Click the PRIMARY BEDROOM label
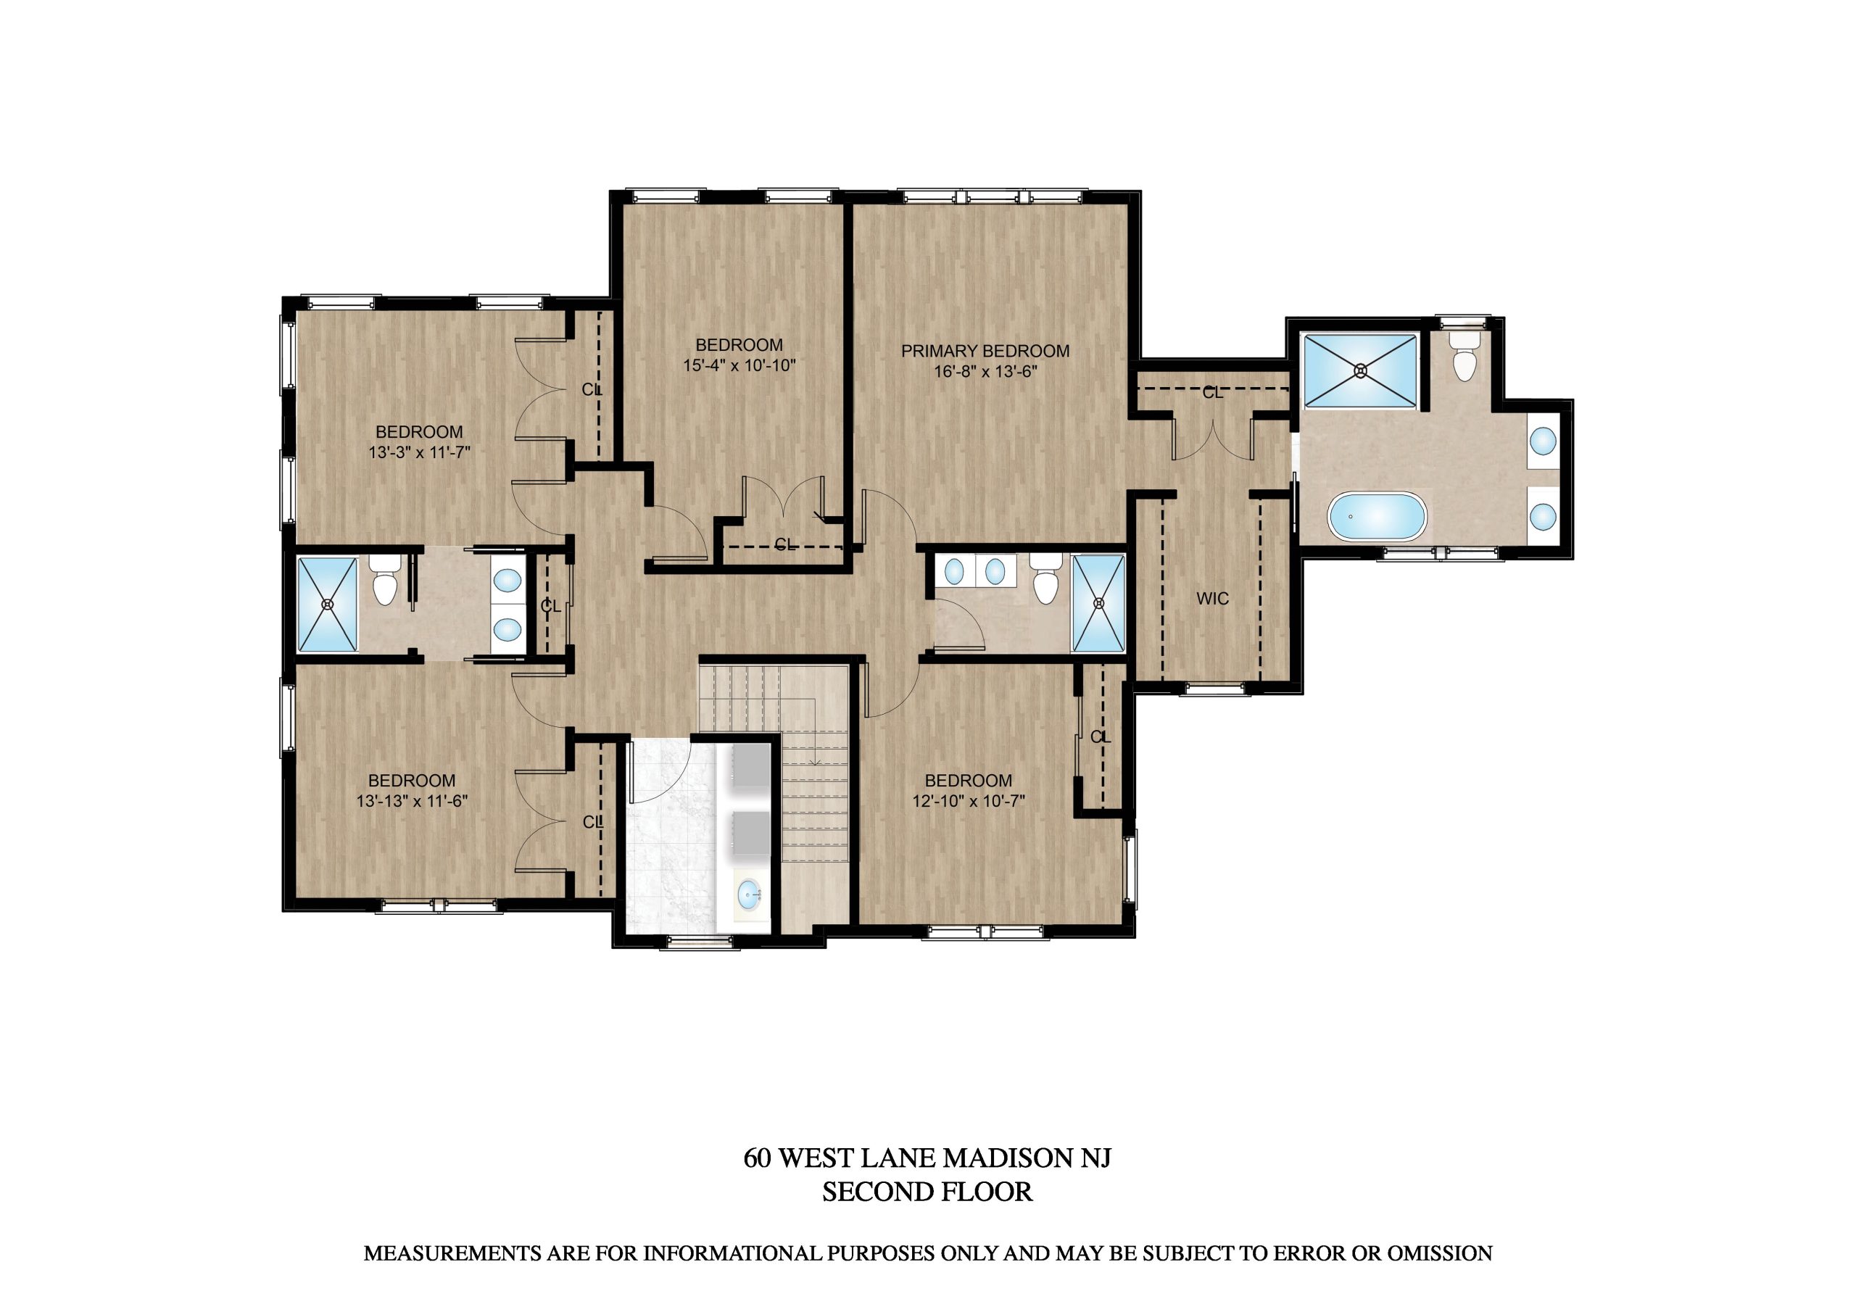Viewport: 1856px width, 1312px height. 985,351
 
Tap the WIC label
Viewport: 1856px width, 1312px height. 1212,599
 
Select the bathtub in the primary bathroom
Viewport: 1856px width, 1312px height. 1377,517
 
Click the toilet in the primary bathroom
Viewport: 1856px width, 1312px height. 1464,357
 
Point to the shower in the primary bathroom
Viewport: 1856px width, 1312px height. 1362,370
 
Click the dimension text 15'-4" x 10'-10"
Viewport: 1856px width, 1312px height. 739,365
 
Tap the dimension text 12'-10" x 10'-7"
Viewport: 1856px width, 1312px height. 969,800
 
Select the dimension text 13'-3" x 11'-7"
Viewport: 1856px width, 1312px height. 420,453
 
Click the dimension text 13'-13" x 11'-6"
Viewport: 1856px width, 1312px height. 413,800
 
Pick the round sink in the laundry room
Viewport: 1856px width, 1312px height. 750,894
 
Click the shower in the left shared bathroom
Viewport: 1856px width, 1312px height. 328,604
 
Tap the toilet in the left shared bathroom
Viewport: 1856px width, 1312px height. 384,581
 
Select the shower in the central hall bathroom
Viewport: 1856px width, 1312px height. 1098,603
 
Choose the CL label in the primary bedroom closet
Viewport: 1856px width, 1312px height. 1212,393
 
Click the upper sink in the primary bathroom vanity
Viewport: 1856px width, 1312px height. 1544,441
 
